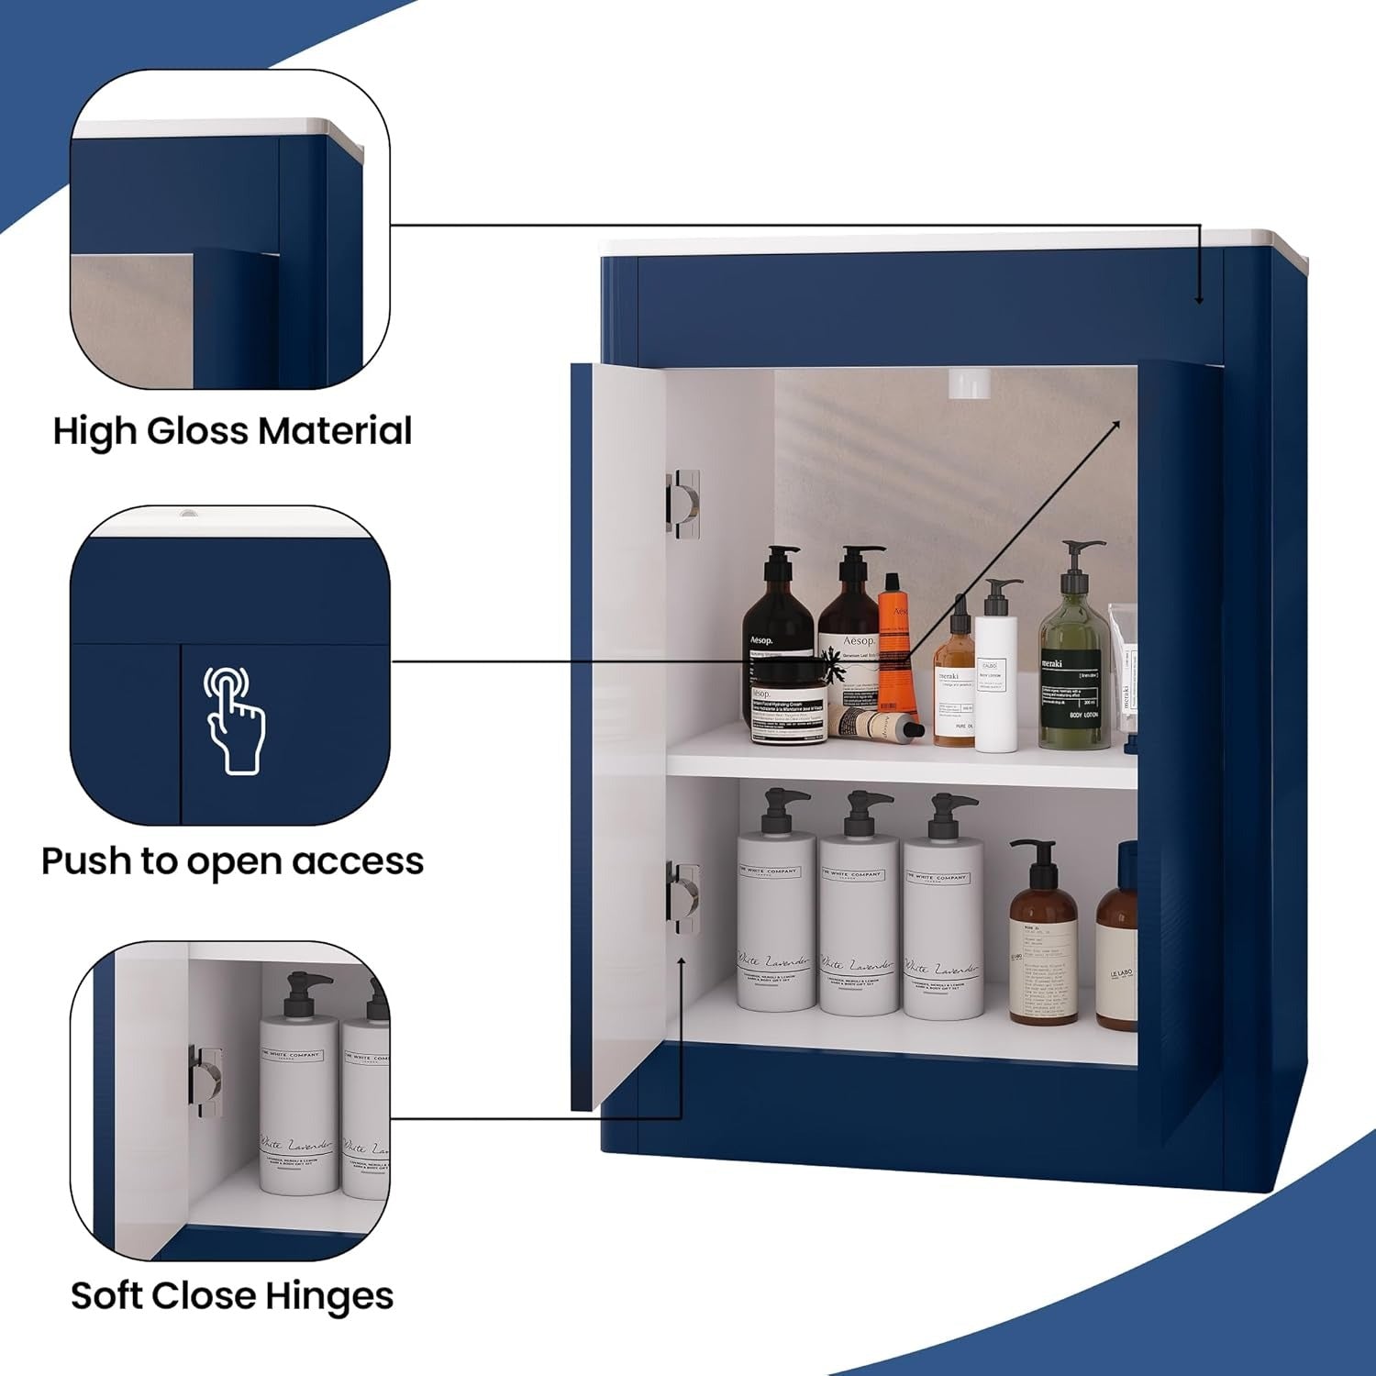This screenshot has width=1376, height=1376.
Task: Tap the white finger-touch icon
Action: coord(234,720)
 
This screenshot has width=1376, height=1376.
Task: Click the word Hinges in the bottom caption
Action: coord(329,1296)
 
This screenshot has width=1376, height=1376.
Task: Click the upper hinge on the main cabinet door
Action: coord(683,504)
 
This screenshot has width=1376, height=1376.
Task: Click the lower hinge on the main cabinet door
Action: coord(684,899)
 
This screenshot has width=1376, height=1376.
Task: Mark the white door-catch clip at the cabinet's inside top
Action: coord(969,383)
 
